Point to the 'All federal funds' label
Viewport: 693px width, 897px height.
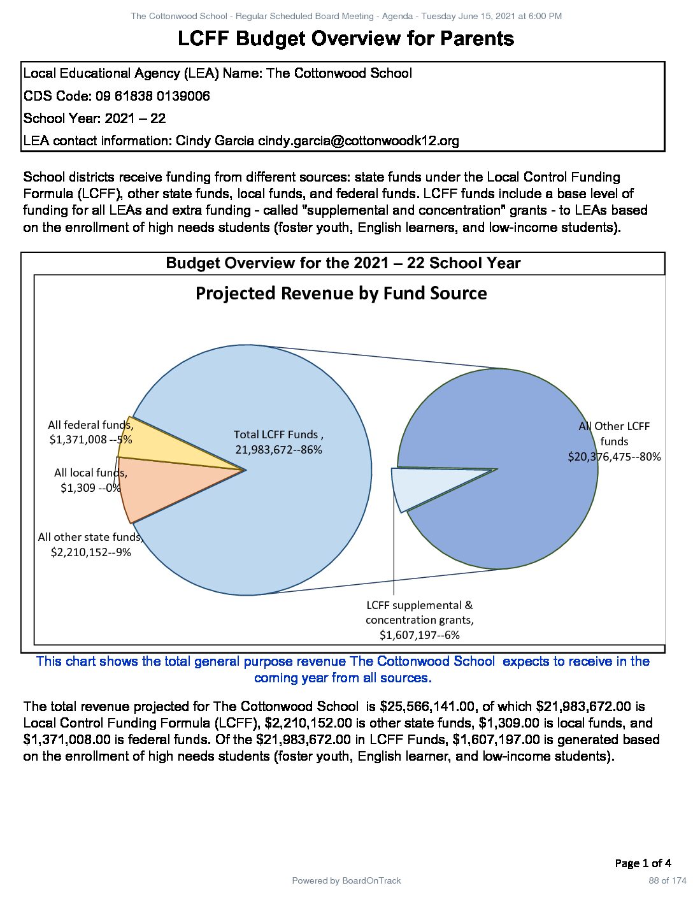(90, 432)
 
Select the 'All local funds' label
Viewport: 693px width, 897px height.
(90, 480)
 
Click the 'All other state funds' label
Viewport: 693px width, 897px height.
(90, 545)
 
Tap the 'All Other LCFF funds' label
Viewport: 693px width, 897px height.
(614, 441)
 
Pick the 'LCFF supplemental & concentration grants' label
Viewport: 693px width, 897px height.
(419, 620)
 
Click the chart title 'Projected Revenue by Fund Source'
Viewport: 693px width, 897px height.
(341, 294)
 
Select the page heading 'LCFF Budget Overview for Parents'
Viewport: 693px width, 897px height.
(346, 39)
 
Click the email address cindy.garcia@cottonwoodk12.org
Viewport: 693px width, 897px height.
(358, 141)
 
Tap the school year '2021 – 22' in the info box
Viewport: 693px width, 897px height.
(135, 118)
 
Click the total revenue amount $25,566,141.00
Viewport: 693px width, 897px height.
(427, 707)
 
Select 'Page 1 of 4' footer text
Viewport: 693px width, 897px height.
(643, 863)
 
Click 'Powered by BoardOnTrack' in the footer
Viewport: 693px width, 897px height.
(346, 881)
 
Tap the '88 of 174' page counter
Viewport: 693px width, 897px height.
(668, 881)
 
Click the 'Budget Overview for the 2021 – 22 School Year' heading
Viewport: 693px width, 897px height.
(343, 263)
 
